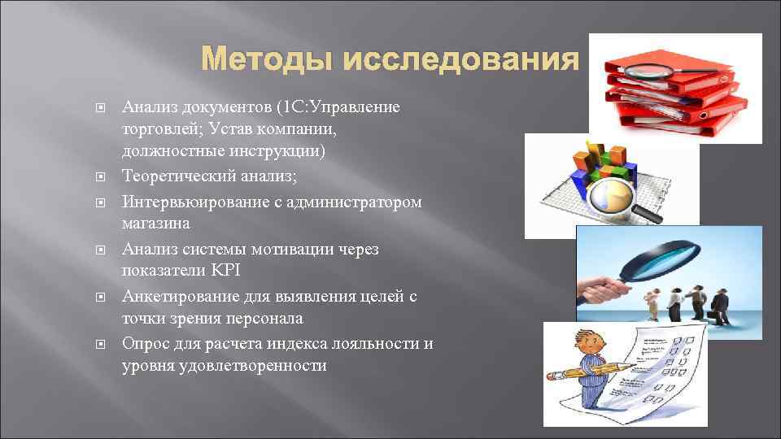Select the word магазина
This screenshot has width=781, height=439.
tap(155, 222)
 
